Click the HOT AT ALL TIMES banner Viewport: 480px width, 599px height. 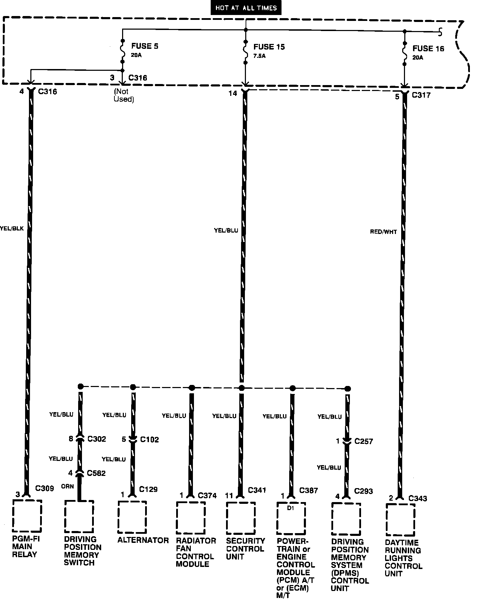246,8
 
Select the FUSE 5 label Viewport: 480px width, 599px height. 145,46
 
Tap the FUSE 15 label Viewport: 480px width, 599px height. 269,47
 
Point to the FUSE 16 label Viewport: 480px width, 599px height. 428,49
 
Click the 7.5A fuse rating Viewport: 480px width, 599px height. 260,56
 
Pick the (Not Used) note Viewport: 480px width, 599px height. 123,95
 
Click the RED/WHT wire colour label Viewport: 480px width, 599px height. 383,232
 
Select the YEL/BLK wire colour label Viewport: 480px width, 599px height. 12,229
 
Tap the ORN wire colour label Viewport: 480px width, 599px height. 68,486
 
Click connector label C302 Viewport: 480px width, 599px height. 97,439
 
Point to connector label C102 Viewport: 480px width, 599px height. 149,440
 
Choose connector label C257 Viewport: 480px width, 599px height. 363,442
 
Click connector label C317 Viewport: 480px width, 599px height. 421,95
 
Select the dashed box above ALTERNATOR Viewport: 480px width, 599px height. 132,517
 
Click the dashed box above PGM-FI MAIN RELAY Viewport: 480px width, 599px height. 27,515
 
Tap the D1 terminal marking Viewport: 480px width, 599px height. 291,508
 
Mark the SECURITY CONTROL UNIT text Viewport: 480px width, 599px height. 246,549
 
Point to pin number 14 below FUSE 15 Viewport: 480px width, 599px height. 233,93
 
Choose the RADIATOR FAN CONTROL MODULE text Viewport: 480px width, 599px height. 196,552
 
